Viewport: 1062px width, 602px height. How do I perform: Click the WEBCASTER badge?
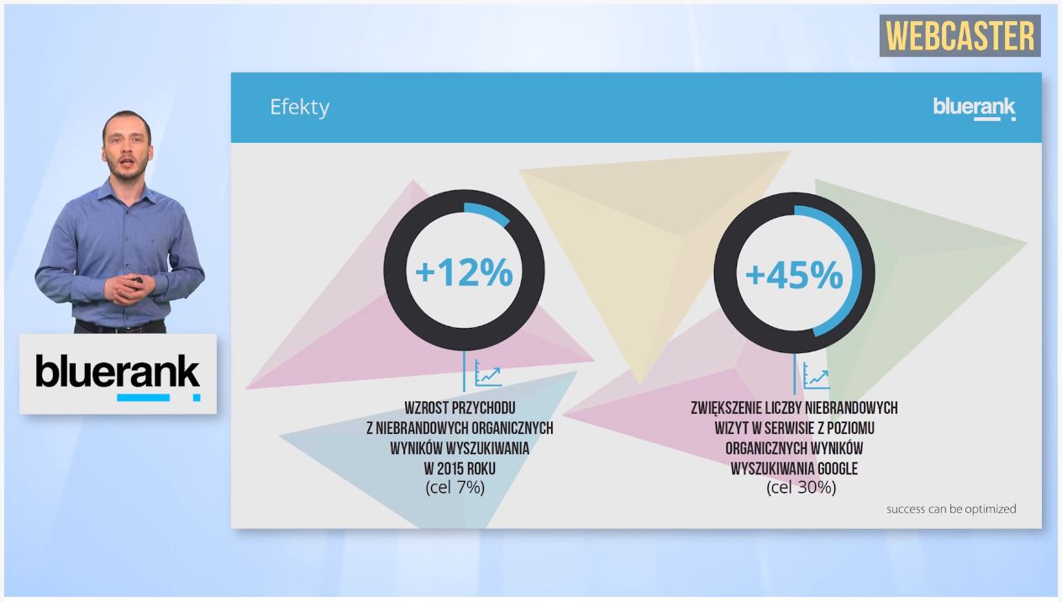pos(959,35)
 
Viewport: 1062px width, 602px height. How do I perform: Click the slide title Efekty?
pos(300,108)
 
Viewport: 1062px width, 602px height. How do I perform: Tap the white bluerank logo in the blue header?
pos(975,109)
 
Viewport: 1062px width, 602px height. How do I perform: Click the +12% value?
pos(464,272)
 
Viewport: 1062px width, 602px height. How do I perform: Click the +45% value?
pos(794,275)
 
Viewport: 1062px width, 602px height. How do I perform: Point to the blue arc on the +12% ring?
pos(488,213)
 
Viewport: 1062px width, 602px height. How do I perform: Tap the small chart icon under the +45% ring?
pos(817,376)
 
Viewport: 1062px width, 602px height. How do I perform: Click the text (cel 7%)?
pos(455,487)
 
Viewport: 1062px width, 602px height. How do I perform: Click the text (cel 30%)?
pos(802,487)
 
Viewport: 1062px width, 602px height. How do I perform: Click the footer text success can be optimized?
pos(951,509)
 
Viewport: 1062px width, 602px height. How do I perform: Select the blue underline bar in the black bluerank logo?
pos(143,398)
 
